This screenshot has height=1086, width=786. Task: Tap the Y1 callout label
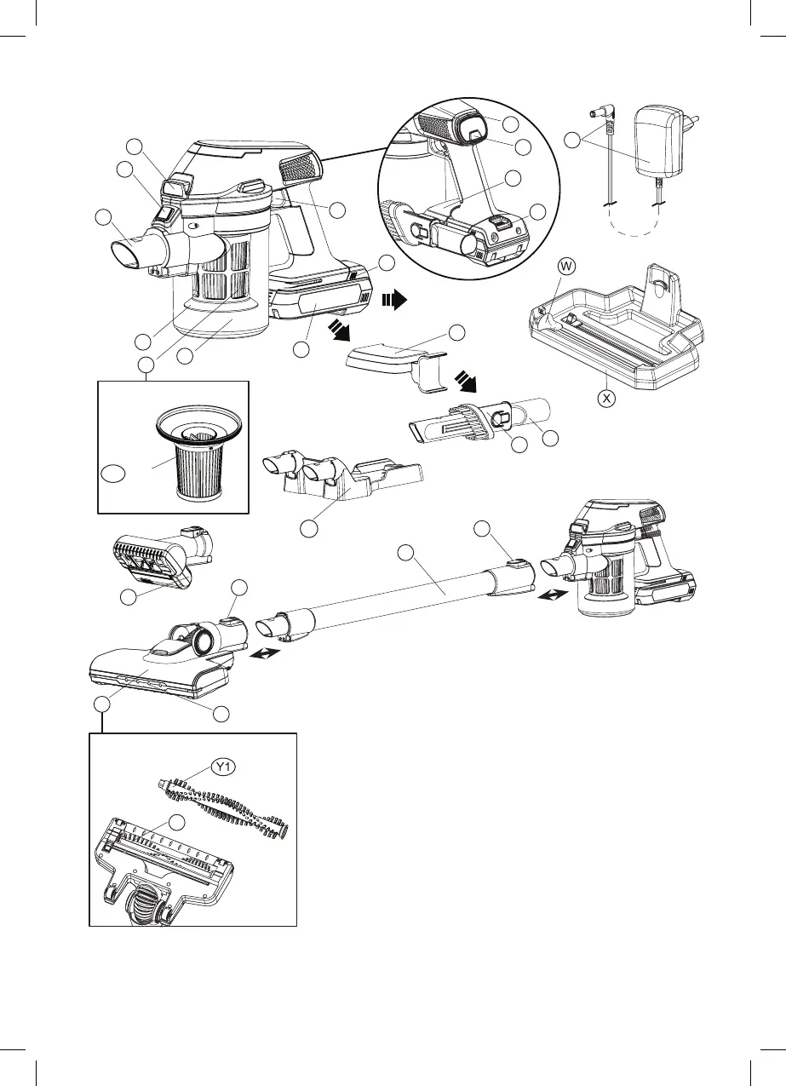click(224, 767)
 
